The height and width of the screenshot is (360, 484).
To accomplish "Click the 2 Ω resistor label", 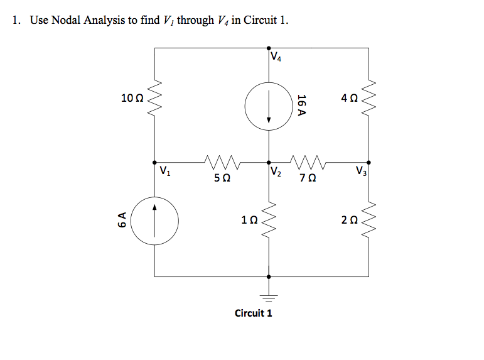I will (x=350, y=220).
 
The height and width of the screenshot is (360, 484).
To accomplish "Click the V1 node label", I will (x=164, y=170).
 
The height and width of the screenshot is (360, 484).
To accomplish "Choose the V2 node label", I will (x=277, y=170).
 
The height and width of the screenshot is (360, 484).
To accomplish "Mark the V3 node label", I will (x=360, y=170).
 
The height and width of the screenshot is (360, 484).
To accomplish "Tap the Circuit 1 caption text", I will (x=253, y=313).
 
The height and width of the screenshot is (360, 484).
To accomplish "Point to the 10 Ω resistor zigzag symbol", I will (x=156, y=98).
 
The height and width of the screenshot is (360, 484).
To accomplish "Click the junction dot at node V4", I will (x=269, y=47).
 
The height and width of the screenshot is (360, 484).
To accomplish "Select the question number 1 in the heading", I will (x=16, y=20).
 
